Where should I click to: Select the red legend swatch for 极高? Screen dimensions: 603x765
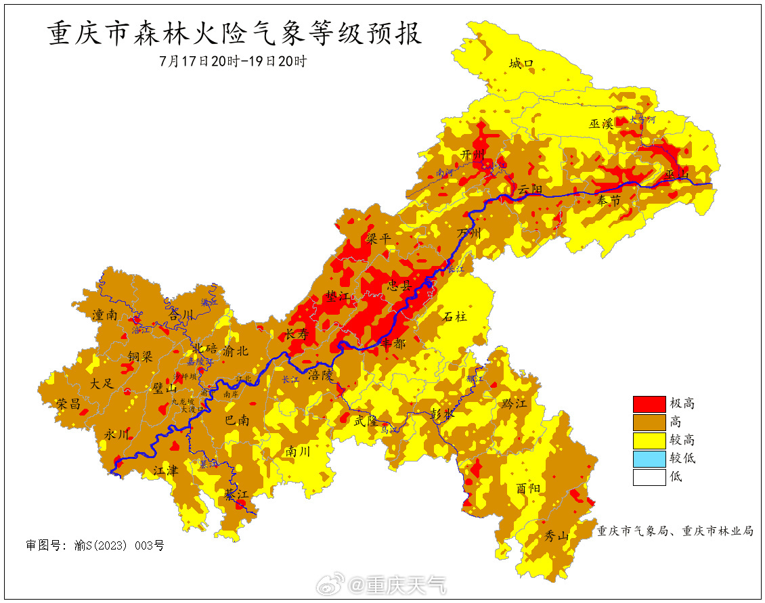[x=649, y=404]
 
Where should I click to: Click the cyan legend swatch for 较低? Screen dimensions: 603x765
[x=649, y=458]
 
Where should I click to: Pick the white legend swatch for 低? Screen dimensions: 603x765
[x=649, y=476]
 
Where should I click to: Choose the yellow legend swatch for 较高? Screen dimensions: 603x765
[x=649, y=441]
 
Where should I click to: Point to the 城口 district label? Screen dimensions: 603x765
[x=521, y=64]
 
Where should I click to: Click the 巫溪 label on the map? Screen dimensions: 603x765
[x=600, y=123]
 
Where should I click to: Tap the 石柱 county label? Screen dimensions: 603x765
[x=455, y=316]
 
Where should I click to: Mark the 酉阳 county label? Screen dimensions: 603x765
[x=529, y=488]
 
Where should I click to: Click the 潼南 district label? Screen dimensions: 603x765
[x=105, y=315]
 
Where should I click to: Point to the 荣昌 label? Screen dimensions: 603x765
[x=68, y=404]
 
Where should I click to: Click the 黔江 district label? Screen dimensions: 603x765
[x=514, y=403]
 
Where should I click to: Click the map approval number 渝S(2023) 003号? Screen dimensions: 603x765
[x=95, y=545]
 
